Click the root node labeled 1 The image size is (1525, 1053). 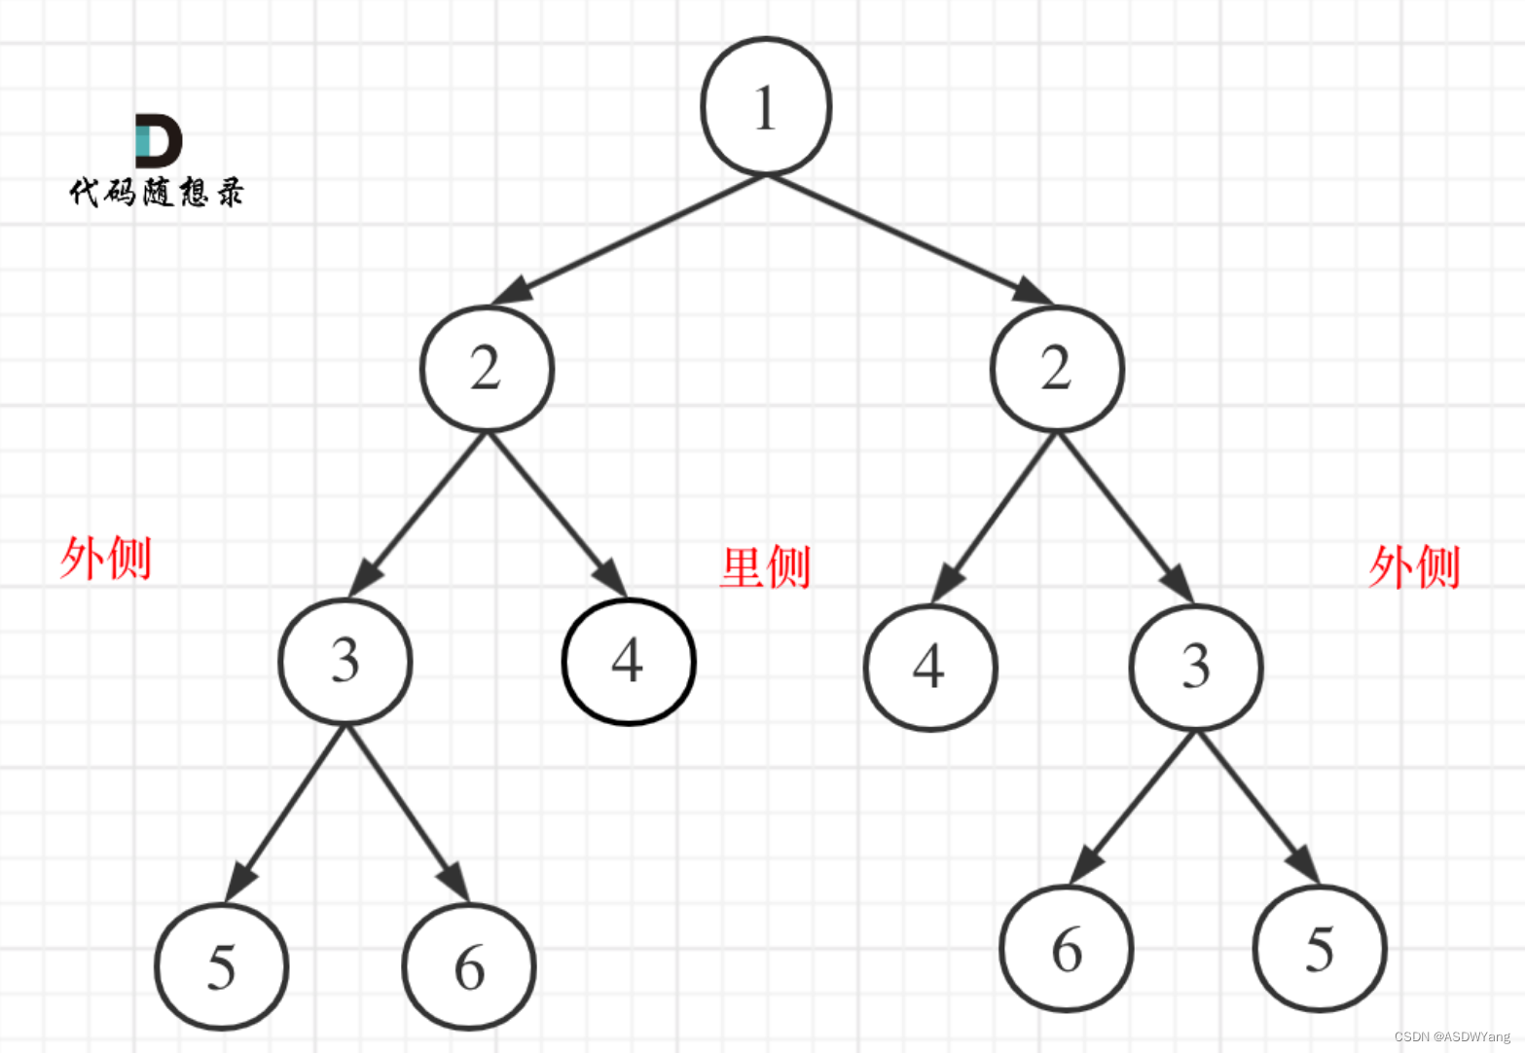[766, 106]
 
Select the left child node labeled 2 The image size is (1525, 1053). [487, 369]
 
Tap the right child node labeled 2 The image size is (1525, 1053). [1057, 369]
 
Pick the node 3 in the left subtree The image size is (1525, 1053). [345, 662]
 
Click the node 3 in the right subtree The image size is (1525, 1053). [1196, 667]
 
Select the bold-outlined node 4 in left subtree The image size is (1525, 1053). [629, 662]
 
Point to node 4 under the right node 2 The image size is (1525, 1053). [930, 668]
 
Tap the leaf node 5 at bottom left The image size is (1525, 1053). [222, 966]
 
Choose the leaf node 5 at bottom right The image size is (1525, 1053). [1320, 949]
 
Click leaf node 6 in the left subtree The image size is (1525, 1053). [469, 966]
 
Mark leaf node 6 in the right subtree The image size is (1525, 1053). [1067, 949]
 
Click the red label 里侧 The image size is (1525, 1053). [765, 566]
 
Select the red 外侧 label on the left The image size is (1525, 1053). [105, 559]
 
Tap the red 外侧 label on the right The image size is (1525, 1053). [1414, 566]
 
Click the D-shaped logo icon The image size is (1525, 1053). [158, 140]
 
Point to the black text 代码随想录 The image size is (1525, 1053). [157, 192]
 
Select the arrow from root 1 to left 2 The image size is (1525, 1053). [628, 238]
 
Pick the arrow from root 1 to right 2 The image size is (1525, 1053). [910, 239]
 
